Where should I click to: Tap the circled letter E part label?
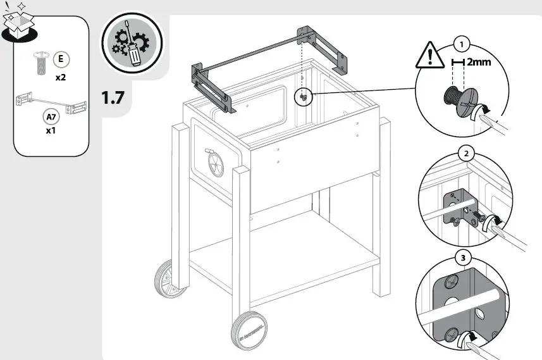tap(61, 60)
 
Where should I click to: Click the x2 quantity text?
tap(61, 78)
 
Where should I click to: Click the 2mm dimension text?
tap(479, 62)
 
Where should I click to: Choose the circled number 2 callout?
tap(466, 154)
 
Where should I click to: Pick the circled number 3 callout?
tap(465, 258)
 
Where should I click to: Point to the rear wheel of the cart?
tap(166, 280)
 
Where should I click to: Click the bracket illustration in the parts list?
tap(51, 104)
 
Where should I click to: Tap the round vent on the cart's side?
tap(214, 166)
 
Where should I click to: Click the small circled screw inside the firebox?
tap(304, 96)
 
